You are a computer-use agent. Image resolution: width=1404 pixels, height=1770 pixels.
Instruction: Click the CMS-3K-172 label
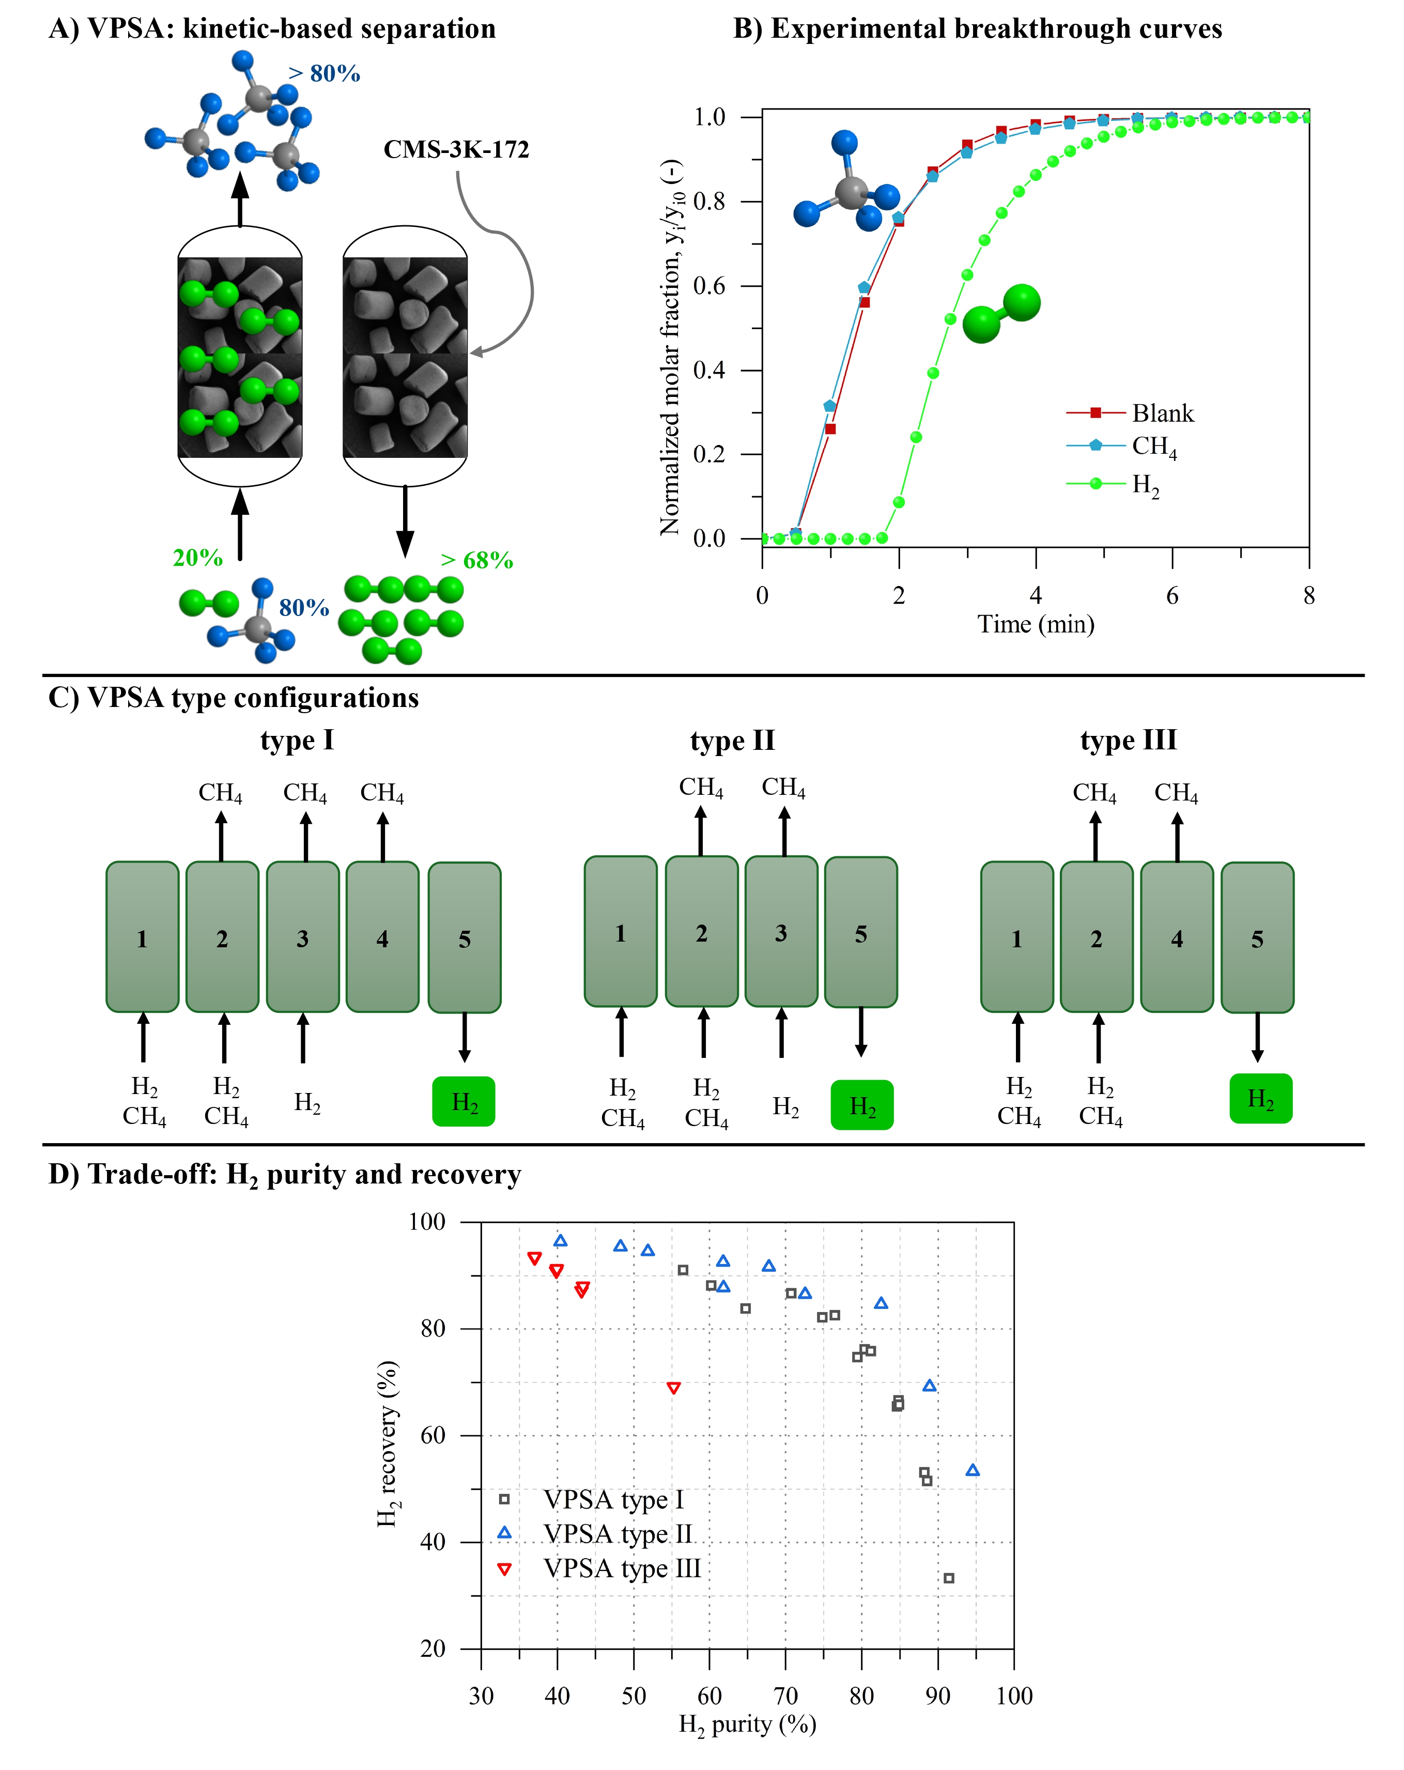pyautogui.click(x=456, y=149)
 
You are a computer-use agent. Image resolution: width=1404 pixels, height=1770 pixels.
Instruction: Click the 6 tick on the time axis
pyautogui.click(x=1171, y=595)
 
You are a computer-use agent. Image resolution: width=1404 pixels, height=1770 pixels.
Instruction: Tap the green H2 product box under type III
pyautogui.click(x=1260, y=1099)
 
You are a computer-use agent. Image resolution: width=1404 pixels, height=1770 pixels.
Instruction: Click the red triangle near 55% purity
pyautogui.click(x=673, y=1388)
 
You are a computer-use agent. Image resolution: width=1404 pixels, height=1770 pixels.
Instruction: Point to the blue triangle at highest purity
pyautogui.click(x=972, y=1470)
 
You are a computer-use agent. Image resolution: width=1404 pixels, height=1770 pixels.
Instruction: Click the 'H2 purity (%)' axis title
pyautogui.click(x=747, y=1724)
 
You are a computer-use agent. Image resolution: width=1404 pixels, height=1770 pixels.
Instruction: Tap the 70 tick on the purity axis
pyautogui.click(x=786, y=1695)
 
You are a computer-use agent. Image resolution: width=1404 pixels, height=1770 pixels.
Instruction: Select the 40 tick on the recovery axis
pyautogui.click(x=433, y=1541)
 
